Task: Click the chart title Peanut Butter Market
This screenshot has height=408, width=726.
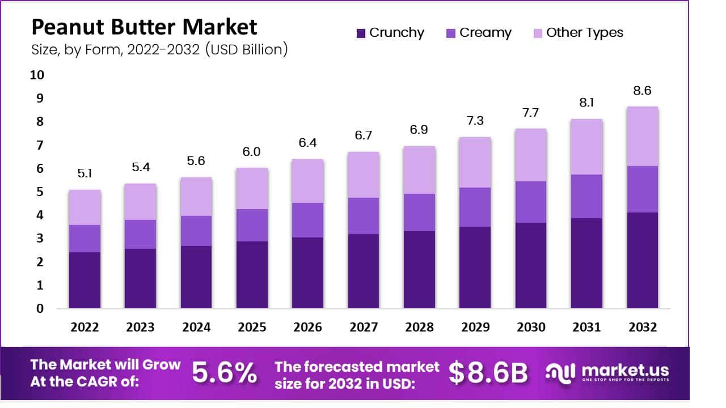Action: click(144, 27)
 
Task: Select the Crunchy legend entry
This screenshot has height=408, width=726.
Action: click(390, 33)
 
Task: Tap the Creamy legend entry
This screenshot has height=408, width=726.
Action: click(479, 33)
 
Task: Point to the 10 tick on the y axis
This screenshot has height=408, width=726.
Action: click(36, 75)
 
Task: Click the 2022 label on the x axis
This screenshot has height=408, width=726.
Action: click(85, 328)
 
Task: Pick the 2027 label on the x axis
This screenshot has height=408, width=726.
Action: click(364, 328)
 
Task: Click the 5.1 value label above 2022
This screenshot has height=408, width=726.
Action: click(85, 174)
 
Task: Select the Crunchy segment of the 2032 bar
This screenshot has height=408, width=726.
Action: click(643, 261)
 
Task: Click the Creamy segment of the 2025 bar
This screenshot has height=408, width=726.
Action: click(252, 225)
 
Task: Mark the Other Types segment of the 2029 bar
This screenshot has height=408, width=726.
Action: click(475, 163)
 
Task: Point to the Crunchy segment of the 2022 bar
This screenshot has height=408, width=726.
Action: click(85, 280)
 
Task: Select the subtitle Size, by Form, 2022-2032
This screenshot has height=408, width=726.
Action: click(159, 49)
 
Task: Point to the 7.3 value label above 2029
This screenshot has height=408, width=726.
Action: click(475, 121)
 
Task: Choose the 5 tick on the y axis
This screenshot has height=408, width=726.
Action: click(40, 192)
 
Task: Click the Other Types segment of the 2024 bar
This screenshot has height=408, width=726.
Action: click(196, 197)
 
